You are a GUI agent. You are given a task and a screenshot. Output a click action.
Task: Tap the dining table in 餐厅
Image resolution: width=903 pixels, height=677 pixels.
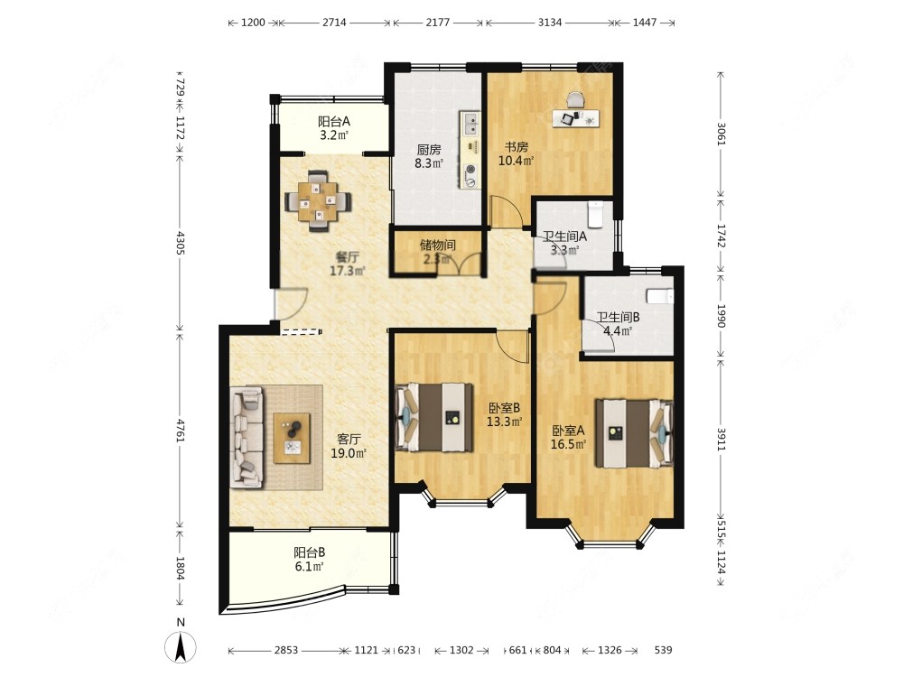319,201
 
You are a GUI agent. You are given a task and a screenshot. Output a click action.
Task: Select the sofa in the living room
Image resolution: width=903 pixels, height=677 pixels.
247,438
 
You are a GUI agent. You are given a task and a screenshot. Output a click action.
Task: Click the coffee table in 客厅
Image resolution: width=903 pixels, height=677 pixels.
292,438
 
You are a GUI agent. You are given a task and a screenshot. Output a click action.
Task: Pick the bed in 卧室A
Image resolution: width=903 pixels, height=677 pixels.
634,433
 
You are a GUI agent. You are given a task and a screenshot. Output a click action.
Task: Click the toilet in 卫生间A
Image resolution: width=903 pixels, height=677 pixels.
595,214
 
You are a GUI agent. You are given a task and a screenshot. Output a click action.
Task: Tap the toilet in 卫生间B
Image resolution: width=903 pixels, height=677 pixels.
660,296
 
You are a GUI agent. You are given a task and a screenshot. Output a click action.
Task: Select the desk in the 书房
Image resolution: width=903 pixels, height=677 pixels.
575,117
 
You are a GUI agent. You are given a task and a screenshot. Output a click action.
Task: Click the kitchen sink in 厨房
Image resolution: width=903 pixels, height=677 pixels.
470,122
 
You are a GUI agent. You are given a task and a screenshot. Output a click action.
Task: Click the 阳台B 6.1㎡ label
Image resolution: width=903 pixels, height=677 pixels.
309,559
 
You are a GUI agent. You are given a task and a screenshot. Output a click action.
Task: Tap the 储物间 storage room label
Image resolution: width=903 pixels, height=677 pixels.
438,245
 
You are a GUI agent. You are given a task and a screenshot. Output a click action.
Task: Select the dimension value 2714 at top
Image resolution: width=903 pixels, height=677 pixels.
334,23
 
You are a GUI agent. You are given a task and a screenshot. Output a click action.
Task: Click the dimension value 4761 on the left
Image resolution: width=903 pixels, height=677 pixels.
181,431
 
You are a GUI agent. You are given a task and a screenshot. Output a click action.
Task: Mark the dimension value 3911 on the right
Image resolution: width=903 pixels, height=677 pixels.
721,440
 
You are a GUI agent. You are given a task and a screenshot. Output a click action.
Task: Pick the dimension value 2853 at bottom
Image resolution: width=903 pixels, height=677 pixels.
285,650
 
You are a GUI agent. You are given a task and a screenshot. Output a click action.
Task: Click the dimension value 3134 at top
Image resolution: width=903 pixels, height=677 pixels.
549,23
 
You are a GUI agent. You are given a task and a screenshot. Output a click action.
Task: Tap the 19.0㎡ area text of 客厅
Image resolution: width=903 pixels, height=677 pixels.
349,453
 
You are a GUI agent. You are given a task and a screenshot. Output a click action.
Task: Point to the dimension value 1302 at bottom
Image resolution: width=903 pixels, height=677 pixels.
461,650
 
